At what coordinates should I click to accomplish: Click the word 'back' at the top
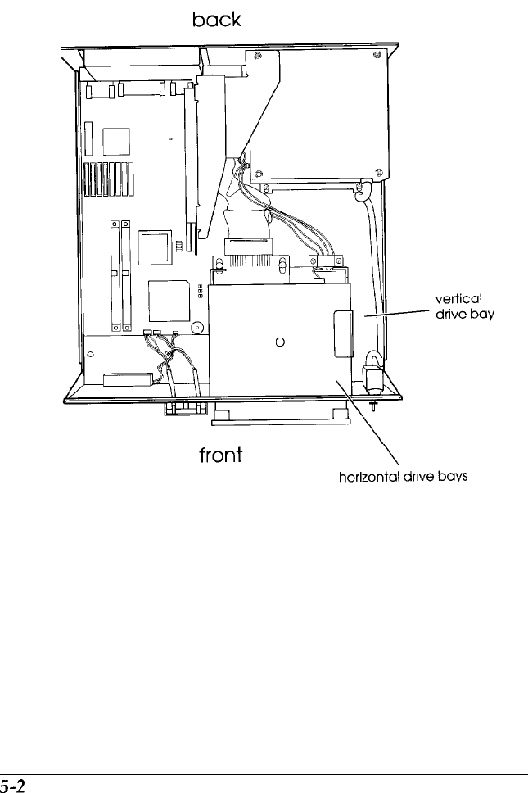click(x=216, y=20)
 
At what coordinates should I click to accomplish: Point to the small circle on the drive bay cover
click(x=280, y=342)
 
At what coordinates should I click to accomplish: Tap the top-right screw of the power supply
click(x=377, y=55)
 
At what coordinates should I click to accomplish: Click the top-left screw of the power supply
click(x=258, y=56)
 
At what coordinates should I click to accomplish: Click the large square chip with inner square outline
click(x=156, y=247)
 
